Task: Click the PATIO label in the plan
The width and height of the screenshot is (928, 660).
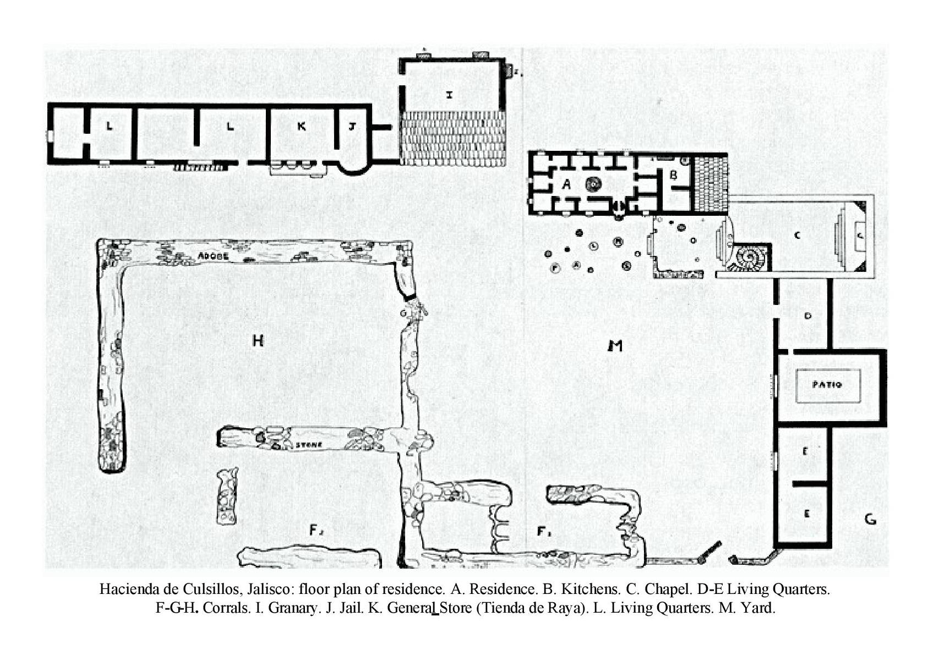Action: pos(827,385)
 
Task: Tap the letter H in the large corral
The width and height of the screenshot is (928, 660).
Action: pos(258,341)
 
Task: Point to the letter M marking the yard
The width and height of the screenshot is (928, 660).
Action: pos(615,346)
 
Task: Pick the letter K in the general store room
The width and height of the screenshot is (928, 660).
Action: pos(301,127)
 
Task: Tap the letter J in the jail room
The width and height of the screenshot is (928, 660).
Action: pos(352,126)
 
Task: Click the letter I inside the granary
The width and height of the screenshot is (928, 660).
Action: pos(450,95)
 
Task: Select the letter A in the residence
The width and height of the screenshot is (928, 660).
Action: pos(566,185)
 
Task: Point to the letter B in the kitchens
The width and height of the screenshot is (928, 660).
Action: pos(672,176)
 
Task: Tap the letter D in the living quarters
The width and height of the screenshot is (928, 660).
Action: pos(808,316)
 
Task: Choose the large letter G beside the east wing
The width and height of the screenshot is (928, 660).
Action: pos(870,519)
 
